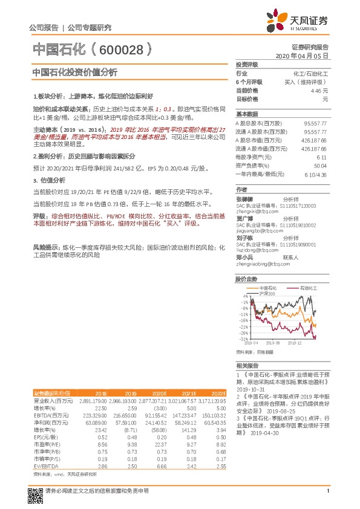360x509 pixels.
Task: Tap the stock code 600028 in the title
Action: pyautogui.click(x=122, y=48)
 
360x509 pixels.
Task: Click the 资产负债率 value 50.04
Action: pyautogui.click(x=320, y=165)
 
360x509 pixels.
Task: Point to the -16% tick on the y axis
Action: pyautogui.click(x=244, y=320)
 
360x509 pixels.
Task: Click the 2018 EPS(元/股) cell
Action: pyautogui.click(x=100, y=420)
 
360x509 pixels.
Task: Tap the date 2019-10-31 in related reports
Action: pyautogui.click(x=249, y=390)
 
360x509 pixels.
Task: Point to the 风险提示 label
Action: pyautogui.click(x=45, y=247)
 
